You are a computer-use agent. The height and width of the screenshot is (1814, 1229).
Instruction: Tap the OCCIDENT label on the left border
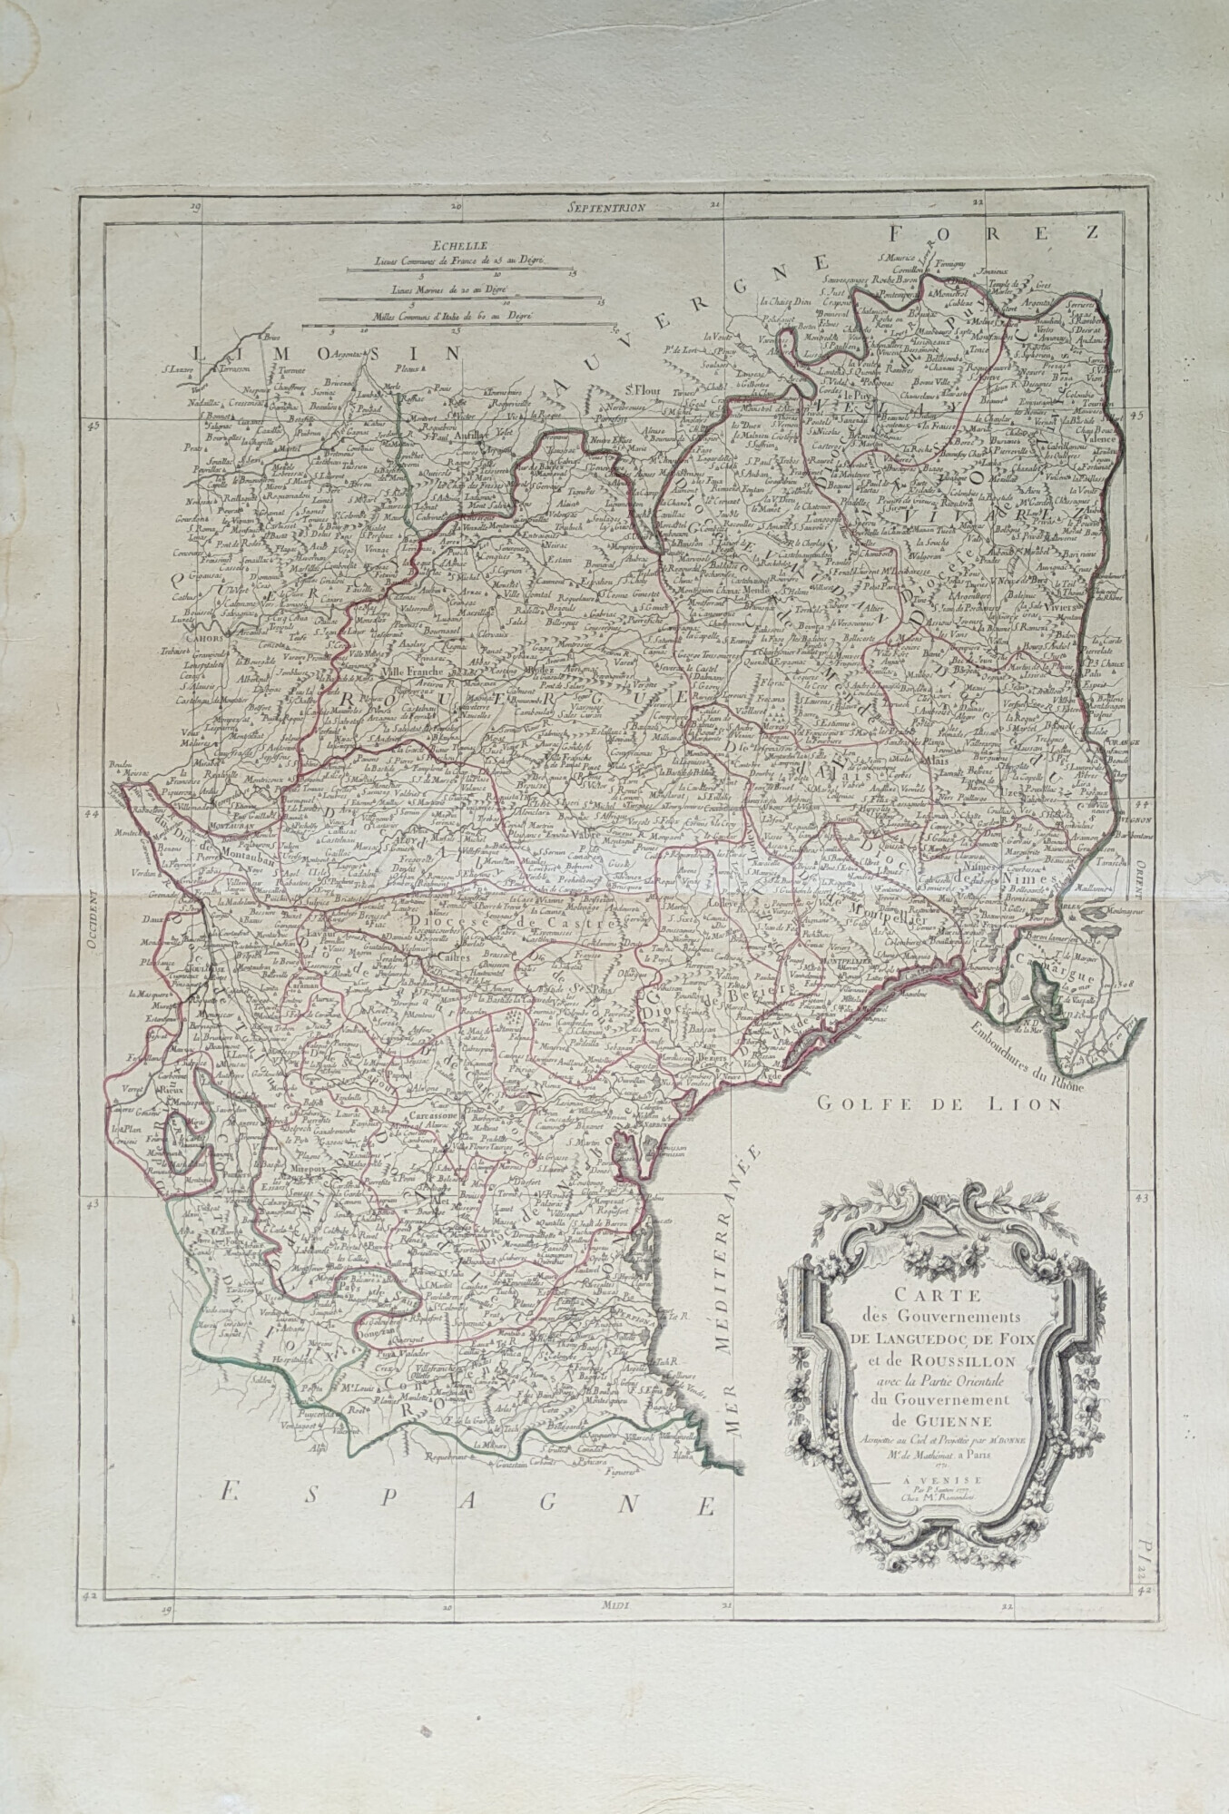click(x=91, y=920)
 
